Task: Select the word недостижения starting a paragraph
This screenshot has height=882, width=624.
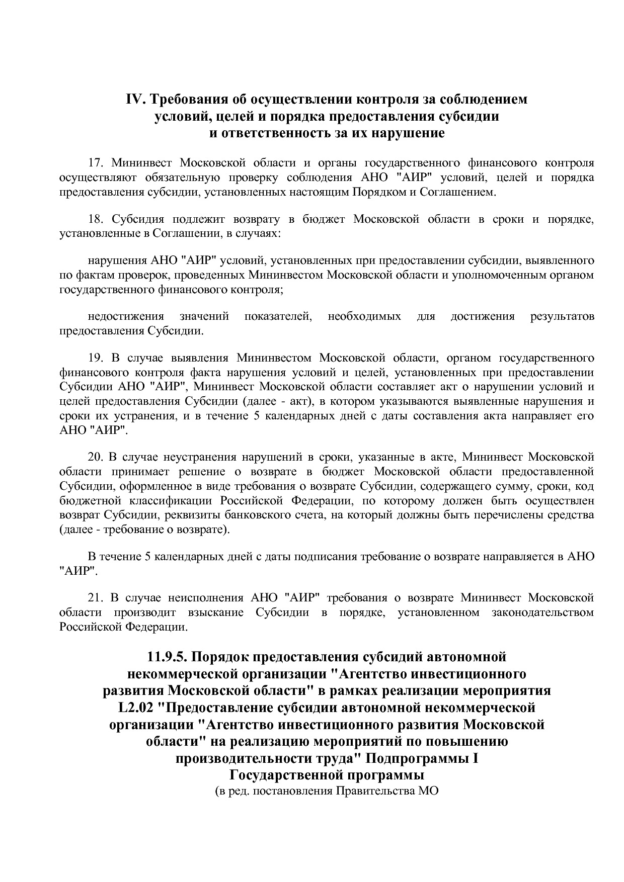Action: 126,317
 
